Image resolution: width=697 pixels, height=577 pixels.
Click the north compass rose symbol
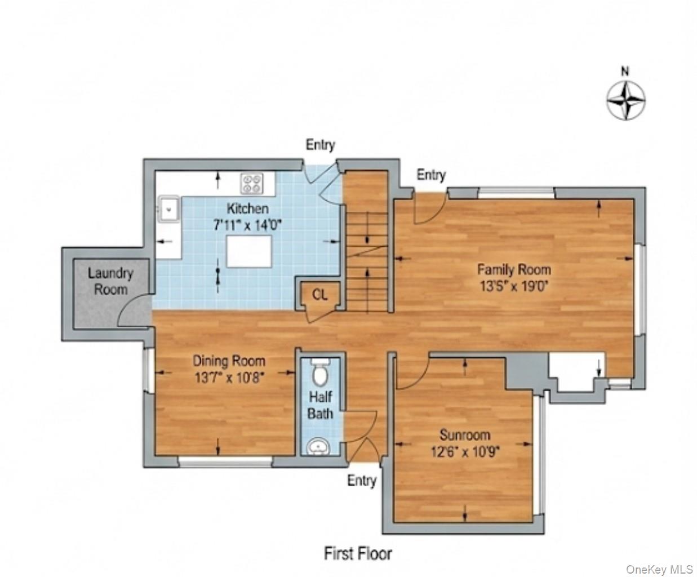(x=625, y=101)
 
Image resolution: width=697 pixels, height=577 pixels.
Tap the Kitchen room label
(x=247, y=208)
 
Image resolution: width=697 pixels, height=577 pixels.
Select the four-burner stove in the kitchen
(x=252, y=183)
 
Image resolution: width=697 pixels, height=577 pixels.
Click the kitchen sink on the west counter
(x=168, y=210)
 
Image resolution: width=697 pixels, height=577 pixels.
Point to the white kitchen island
(x=249, y=251)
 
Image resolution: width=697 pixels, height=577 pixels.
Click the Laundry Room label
(x=110, y=281)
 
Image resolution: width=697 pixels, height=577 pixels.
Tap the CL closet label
(x=318, y=294)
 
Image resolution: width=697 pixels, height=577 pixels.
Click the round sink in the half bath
(x=319, y=447)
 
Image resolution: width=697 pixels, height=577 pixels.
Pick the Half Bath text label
(x=320, y=405)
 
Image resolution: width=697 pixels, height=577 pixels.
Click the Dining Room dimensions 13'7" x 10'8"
(x=229, y=377)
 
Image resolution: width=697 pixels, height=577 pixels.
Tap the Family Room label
(x=514, y=269)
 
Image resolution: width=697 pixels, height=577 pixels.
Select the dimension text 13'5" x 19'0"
(x=514, y=286)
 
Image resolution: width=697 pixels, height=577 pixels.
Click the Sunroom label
(x=465, y=434)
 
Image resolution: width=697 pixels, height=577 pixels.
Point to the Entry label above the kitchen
(x=320, y=145)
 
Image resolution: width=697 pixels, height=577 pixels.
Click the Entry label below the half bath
(x=361, y=481)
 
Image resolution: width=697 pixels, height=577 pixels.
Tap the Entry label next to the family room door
(x=431, y=175)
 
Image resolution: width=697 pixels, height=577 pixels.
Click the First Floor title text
(x=358, y=553)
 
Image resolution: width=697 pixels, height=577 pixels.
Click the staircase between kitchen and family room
(x=366, y=248)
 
